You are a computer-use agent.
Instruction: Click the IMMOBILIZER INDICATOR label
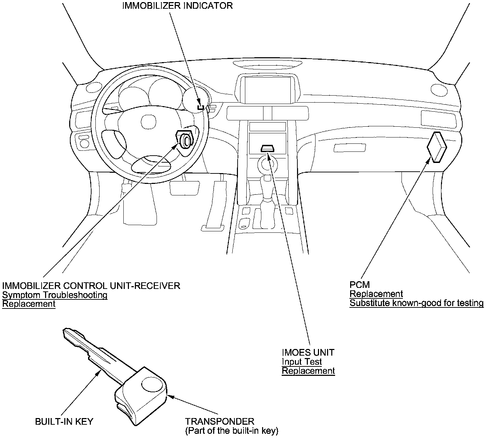[x=177, y=6]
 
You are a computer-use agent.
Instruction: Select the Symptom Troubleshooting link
[x=55, y=295]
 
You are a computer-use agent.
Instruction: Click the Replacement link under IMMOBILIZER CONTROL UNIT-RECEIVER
[x=29, y=304]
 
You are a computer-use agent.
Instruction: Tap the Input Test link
[x=302, y=362]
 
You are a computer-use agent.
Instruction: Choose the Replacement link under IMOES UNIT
[x=308, y=371]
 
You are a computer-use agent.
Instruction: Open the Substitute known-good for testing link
[x=417, y=303]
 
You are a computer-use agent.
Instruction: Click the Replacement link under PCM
[x=376, y=294]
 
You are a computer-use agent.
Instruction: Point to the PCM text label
[x=360, y=285]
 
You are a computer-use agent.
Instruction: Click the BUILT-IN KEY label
[x=64, y=422]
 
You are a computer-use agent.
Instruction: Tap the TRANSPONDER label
[x=219, y=422]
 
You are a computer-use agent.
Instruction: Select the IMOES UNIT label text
[x=308, y=352]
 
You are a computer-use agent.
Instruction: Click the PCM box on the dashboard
[x=437, y=147]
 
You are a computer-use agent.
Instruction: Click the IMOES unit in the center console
[x=268, y=149]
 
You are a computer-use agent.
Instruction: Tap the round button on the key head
[x=150, y=385]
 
